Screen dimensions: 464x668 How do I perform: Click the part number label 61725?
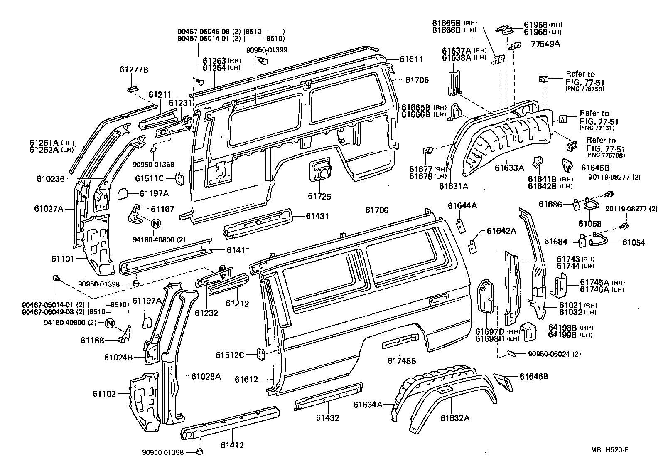[x=319, y=196]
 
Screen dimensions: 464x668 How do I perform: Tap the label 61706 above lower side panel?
[x=377, y=210]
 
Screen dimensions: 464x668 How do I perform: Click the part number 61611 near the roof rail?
[x=411, y=59]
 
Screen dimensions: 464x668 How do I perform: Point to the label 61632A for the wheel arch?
[x=455, y=417]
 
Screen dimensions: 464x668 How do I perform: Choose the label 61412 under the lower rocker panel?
[x=232, y=445]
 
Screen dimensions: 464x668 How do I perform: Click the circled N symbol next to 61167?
[x=155, y=224]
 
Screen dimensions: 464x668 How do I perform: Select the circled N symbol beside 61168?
[x=109, y=323]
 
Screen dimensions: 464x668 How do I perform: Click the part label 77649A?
[x=545, y=43]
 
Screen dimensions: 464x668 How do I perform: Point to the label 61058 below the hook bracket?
[x=589, y=224]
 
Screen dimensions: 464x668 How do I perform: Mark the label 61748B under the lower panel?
[x=402, y=361]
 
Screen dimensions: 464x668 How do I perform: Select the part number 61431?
[x=317, y=216]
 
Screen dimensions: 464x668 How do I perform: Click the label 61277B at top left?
[x=134, y=69]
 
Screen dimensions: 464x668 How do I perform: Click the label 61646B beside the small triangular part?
[x=534, y=377]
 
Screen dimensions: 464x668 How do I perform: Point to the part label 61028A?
[x=206, y=377]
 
